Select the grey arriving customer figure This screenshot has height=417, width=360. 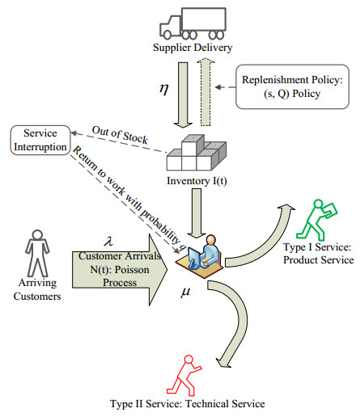pos(34,251)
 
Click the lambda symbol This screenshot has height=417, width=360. pos(108,240)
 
